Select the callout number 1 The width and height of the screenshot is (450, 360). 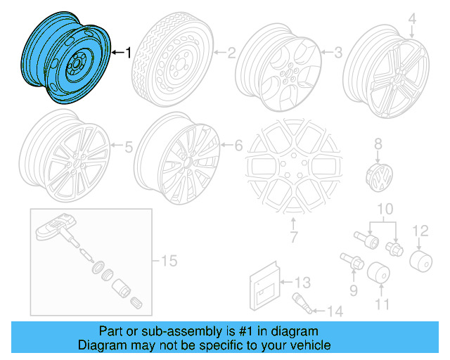[128, 52]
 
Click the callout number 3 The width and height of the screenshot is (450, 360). [337, 52]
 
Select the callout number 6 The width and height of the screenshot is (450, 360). [238, 146]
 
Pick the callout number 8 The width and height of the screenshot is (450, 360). [378, 143]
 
